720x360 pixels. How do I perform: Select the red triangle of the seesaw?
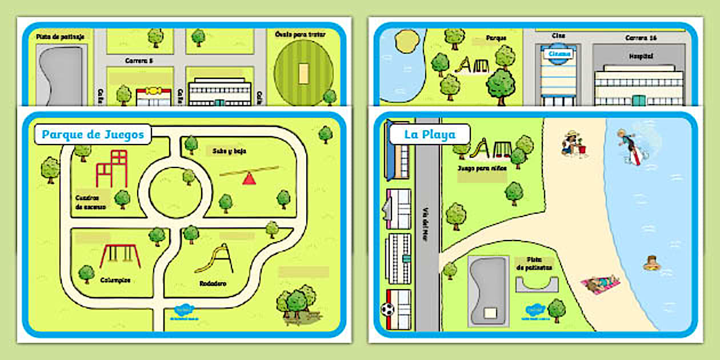[249, 179]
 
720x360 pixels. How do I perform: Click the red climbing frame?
[111, 169]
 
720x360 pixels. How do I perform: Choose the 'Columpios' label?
[115, 281]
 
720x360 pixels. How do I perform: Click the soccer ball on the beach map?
[388, 309]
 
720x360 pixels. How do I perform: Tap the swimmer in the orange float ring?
[651, 263]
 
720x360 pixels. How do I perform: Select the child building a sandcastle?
[571, 144]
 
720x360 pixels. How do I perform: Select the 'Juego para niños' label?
[482, 169]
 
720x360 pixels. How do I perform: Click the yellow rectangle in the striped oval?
[303, 73]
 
